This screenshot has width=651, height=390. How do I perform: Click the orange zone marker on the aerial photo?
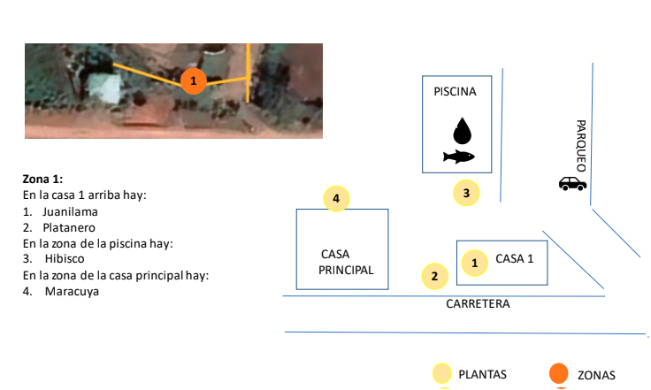[194, 81]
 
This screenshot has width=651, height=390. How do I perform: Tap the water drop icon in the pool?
[462, 131]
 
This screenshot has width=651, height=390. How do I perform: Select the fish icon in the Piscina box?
[459, 157]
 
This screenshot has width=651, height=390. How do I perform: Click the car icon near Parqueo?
[572, 183]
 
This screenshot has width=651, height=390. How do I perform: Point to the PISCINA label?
[455, 91]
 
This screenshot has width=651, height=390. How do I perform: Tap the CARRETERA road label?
[478, 303]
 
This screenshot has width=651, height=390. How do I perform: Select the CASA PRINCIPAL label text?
[346, 262]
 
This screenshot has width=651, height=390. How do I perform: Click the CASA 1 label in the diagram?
[515, 259]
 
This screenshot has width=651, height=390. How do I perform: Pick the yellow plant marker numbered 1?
[475, 262]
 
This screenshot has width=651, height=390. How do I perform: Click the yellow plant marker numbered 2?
[433, 276]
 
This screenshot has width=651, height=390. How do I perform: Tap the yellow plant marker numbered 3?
[466, 192]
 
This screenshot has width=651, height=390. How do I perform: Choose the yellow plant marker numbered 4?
[336, 198]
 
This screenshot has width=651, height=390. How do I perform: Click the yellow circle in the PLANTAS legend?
[442, 375]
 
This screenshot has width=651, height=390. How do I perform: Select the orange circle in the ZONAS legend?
[558, 375]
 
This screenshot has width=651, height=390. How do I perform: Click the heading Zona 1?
[42, 178]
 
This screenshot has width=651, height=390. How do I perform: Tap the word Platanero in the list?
[71, 227]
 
